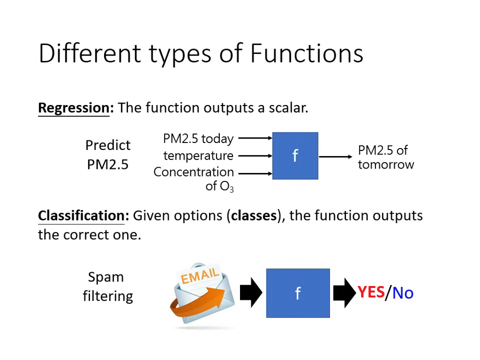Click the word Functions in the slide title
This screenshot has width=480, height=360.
click(306, 53)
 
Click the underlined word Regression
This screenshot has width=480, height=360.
click(73, 108)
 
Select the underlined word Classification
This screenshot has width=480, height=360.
click(80, 215)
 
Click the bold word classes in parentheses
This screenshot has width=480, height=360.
click(254, 215)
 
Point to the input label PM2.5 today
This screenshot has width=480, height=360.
click(198, 138)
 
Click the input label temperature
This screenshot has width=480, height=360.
click(198, 155)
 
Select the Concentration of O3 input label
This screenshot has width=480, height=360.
click(194, 178)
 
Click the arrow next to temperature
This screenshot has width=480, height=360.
click(254, 155)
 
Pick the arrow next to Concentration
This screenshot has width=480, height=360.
click(254, 173)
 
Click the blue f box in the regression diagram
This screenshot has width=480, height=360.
click(295, 156)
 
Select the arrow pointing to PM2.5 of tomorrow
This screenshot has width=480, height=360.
click(335, 156)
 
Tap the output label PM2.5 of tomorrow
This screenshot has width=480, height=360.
click(385, 157)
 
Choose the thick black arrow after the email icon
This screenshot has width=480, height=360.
click(250, 292)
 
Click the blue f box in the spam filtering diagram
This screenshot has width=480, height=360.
click(297, 293)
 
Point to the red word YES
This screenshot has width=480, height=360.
click(370, 292)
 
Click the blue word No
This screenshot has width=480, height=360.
click(402, 292)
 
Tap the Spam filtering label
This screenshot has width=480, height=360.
click(107, 286)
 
